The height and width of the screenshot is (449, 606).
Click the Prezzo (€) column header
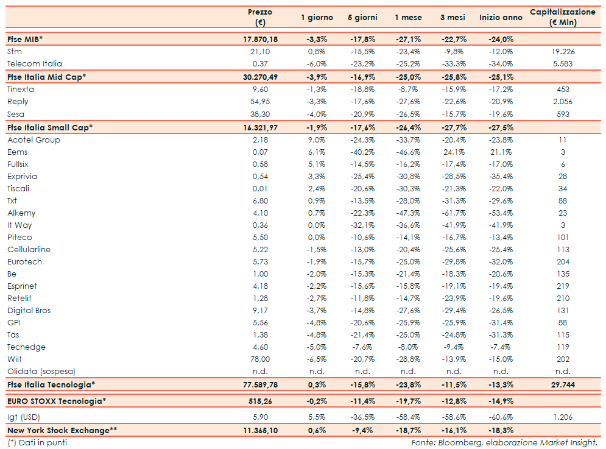(x=260, y=17)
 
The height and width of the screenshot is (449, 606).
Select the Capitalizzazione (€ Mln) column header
(x=562, y=17)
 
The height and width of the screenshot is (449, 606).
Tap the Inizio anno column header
(x=500, y=17)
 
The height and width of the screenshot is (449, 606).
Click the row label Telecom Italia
(x=34, y=63)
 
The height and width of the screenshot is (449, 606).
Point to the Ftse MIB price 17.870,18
(x=260, y=39)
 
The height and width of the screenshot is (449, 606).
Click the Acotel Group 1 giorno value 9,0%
(x=317, y=140)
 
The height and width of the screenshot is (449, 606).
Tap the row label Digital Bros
(x=29, y=310)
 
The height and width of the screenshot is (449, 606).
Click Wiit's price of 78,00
(x=260, y=359)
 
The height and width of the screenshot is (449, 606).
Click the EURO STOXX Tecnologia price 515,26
(x=260, y=400)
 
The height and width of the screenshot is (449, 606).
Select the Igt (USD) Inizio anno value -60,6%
(x=500, y=417)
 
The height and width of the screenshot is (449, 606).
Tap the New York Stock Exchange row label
(x=62, y=430)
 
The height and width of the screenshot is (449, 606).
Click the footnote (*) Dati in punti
(x=37, y=442)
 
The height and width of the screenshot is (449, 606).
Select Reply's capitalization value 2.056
(x=562, y=101)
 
